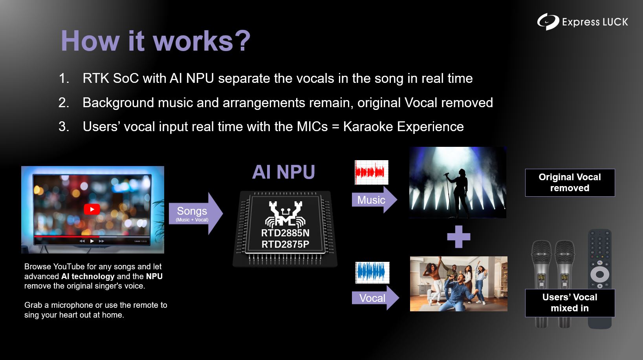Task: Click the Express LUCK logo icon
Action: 548,22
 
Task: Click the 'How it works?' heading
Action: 156,41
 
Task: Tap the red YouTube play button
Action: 92,209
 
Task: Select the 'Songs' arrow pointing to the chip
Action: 196,214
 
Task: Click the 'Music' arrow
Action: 374,200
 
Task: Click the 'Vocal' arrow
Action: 375,298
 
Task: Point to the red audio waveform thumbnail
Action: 372,172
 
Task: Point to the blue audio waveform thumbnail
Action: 373,272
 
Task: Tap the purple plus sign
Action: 459,237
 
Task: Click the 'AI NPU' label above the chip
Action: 284,172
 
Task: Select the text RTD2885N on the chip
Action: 285,233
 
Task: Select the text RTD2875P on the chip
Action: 285,245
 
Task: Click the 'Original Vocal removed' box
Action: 570,183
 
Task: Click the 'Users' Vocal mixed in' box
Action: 570,303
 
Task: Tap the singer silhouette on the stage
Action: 459,192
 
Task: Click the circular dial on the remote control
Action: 600,274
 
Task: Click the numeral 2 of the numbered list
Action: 63,103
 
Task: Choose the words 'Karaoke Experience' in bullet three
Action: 403,126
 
